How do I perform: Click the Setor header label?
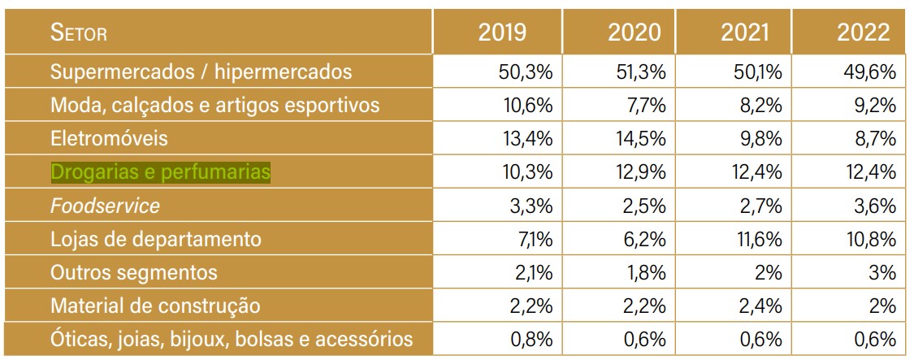coord(79,34)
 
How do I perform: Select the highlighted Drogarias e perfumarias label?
coord(160,172)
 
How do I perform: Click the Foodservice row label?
coord(105,206)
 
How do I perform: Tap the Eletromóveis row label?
coord(109,139)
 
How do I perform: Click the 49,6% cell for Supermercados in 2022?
coord(870,72)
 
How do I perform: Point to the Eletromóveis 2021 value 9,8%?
coord(759,139)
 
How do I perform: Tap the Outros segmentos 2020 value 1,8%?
coord(647,273)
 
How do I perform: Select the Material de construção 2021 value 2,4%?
coord(759,306)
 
